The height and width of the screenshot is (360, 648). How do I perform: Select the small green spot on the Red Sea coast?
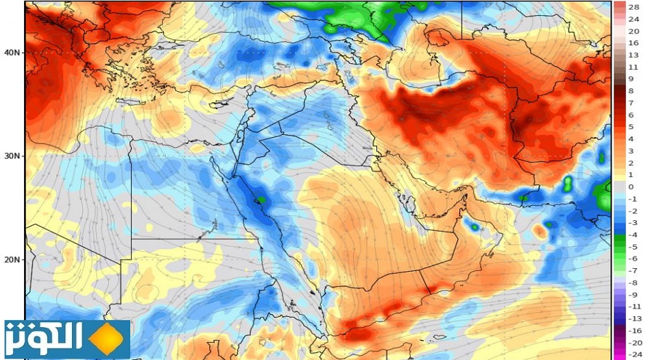[260, 200]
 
